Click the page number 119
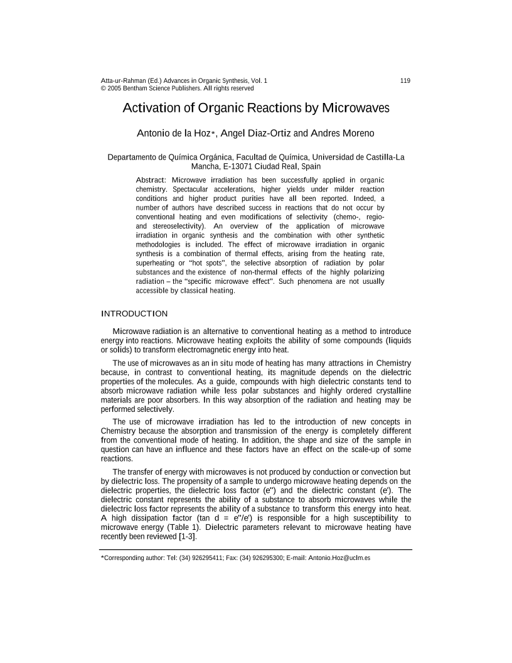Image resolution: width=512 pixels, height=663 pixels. click(405, 81)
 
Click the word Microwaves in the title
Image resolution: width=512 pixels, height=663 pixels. click(356, 108)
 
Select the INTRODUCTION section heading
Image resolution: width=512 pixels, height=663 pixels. click(134, 313)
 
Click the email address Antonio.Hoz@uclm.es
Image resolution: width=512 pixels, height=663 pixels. click(340, 558)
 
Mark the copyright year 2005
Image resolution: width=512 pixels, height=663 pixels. click(114, 89)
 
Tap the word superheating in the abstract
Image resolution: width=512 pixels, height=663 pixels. click(157, 262)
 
